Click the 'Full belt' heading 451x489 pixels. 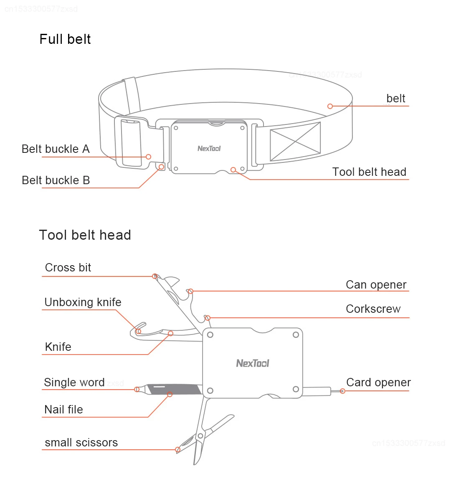65,39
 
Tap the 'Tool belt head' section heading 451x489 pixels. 85,235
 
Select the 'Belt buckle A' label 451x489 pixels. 56,149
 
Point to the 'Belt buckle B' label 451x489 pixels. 56,180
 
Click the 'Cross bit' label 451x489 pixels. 68,268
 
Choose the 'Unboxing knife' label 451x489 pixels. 83,302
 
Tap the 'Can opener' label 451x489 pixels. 376,285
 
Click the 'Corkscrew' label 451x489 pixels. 373,309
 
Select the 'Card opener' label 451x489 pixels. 378,383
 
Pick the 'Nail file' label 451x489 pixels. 63,410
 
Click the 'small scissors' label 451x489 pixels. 81,443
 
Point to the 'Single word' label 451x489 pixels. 74,383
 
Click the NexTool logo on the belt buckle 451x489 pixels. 209,148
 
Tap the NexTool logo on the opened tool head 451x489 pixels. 253,363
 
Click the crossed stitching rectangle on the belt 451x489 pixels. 295,142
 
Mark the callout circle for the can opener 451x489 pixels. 190,291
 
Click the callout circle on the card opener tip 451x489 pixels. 342,391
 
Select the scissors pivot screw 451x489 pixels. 200,436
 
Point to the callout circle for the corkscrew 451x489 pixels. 208,318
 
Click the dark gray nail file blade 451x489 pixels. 174,389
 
